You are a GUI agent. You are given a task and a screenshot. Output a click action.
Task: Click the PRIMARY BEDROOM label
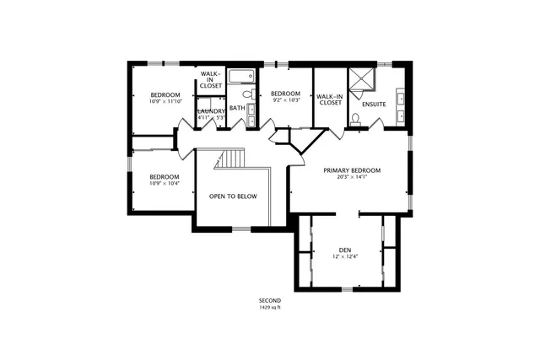[x=352, y=170]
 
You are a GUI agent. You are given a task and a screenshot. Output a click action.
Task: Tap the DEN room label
[x=344, y=250]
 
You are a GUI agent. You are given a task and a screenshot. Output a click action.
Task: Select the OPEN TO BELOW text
[x=233, y=196]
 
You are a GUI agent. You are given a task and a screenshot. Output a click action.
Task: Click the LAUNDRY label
[x=210, y=111]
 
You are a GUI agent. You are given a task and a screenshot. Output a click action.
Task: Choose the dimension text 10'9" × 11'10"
[x=165, y=101]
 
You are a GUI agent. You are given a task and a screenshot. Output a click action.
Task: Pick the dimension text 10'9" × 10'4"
[x=165, y=184]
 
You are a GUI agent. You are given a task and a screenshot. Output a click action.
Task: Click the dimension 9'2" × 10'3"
[x=285, y=100]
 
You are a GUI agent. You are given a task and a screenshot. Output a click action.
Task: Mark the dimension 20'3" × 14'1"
[x=352, y=178]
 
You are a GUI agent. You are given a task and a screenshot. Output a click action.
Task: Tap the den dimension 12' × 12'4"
[x=344, y=257]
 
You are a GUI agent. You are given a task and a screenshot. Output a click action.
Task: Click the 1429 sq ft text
[x=270, y=308]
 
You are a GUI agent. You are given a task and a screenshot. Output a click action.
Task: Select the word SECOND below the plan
[x=270, y=301]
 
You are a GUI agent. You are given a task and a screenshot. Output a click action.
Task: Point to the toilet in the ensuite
[x=356, y=118]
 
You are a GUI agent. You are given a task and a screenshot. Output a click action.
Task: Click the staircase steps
[x=229, y=159]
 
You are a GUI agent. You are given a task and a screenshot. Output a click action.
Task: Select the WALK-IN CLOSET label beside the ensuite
[x=329, y=100]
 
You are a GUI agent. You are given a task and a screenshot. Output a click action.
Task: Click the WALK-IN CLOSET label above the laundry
[x=210, y=80]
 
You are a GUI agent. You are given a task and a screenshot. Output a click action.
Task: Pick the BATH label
[x=237, y=108]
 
